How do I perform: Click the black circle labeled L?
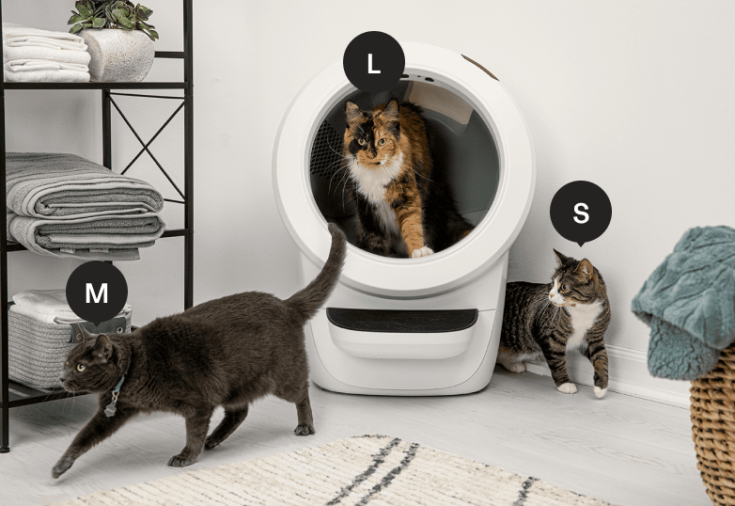pos(373,63)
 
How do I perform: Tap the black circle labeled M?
pos(97,293)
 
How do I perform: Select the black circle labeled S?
pos(581,213)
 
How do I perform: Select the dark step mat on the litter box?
pos(402,321)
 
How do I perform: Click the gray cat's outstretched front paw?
pos(62,466)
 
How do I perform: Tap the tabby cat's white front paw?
pos(567,387)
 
